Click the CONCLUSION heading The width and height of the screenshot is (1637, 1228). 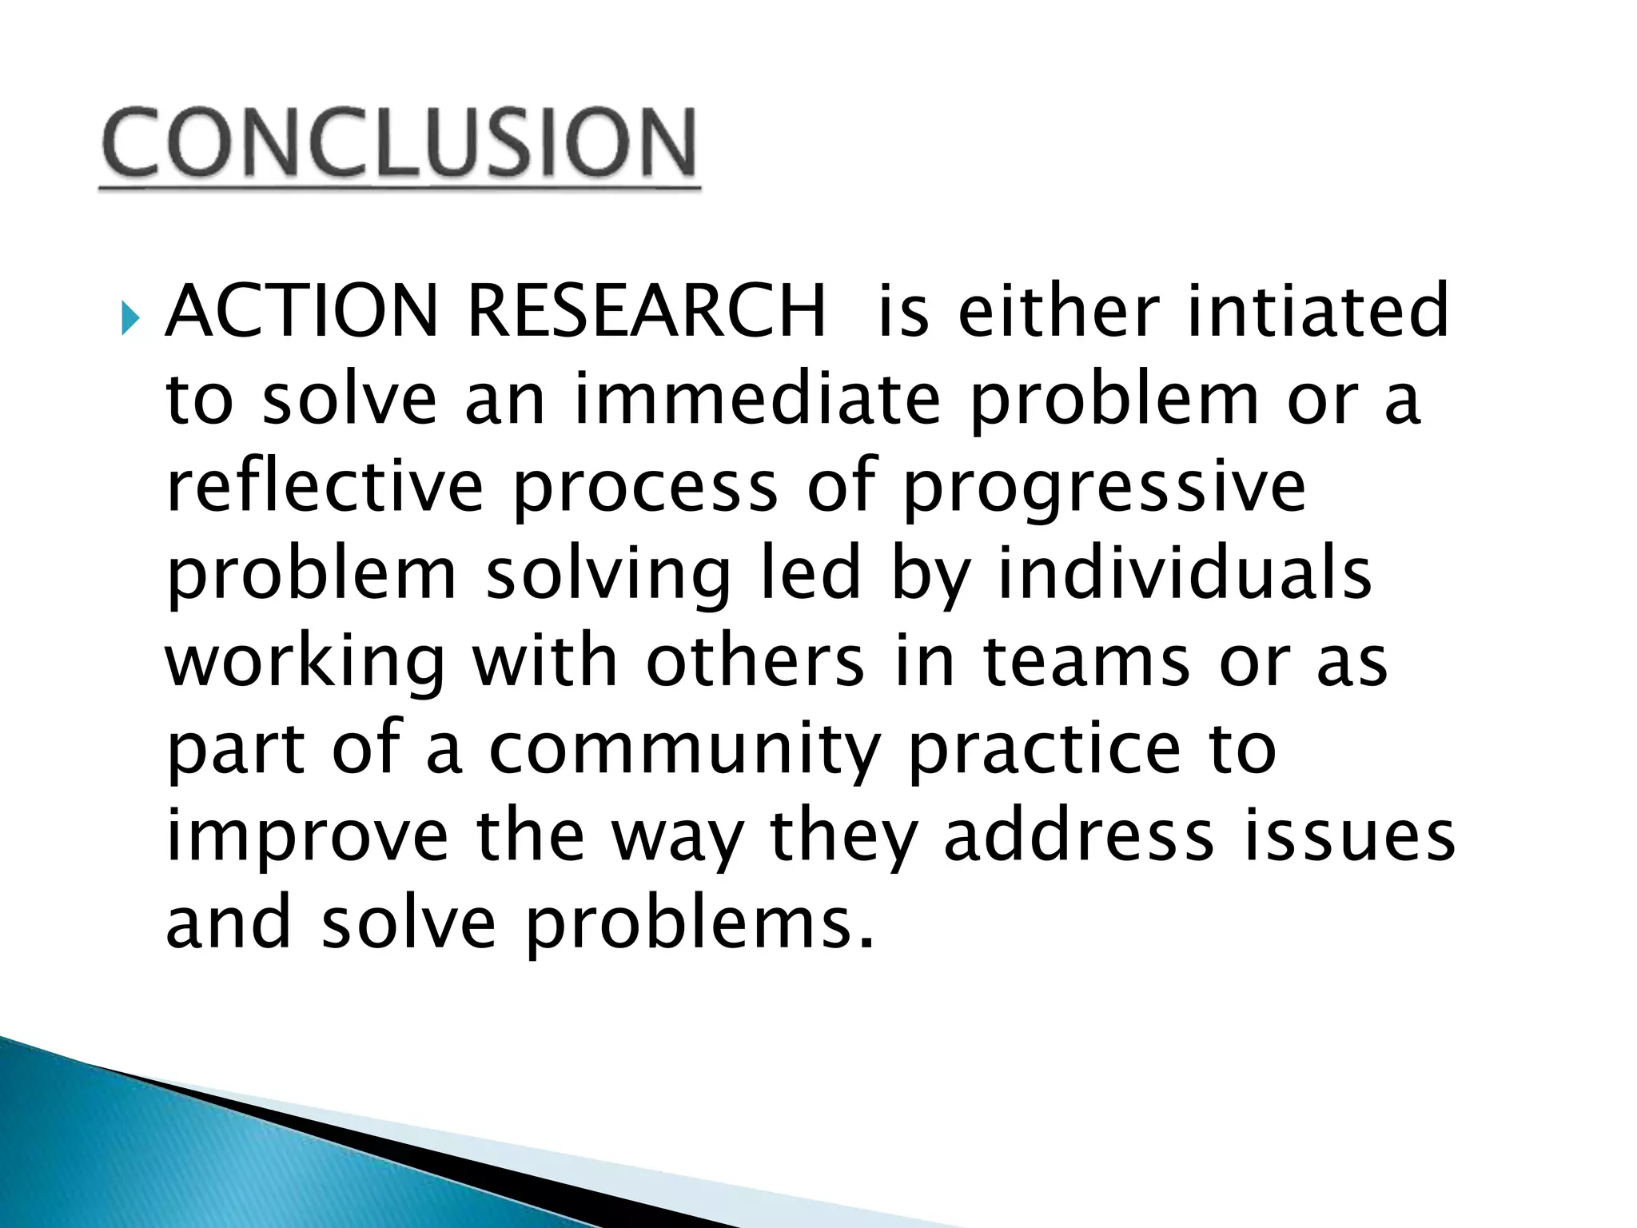pyautogui.click(x=399, y=144)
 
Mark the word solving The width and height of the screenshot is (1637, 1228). pyautogui.click(x=608, y=576)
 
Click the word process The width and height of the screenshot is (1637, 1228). pyautogui.click(x=645, y=489)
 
